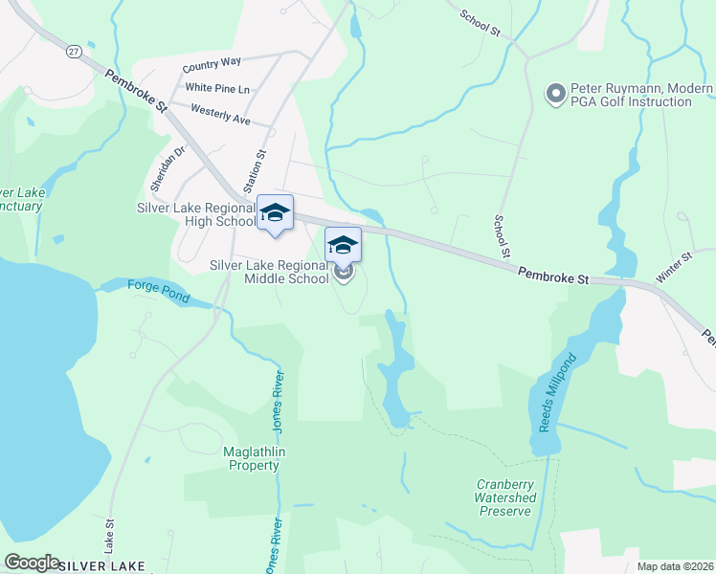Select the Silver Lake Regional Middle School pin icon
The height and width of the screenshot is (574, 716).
(x=344, y=246)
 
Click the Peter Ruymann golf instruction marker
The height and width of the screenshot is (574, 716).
(x=554, y=94)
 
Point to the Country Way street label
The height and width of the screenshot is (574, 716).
(x=212, y=64)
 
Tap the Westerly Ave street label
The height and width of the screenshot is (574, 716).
(x=220, y=115)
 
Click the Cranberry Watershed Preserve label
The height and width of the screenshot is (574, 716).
(x=505, y=497)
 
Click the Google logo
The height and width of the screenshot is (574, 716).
(x=32, y=563)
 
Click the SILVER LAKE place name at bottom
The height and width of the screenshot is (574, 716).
(x=101, y=566)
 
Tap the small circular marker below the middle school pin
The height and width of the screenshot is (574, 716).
(x=344, y=276)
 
